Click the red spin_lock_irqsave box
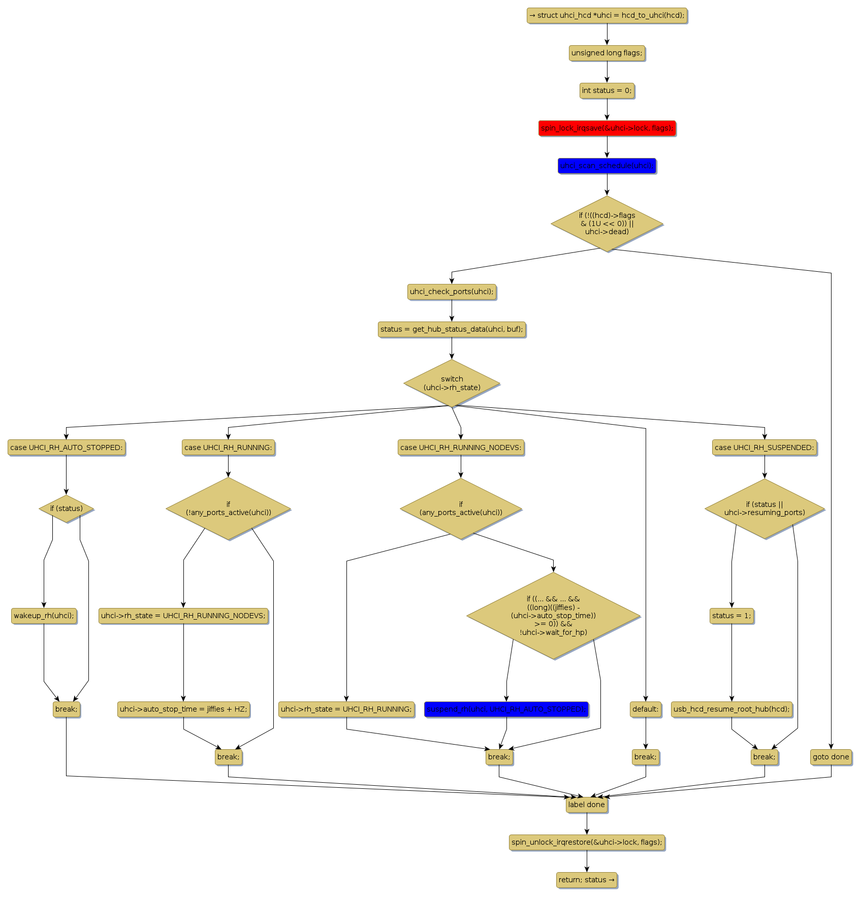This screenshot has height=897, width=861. (607, 128)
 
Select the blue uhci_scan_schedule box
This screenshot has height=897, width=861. (607, 166)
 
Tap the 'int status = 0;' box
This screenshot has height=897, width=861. (607, 90)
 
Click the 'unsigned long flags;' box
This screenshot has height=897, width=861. (607, 53)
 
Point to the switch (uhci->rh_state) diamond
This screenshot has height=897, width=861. (452, 383)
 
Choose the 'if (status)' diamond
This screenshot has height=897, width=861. (66, 508)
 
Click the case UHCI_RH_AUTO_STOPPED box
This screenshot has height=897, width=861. (66, 447)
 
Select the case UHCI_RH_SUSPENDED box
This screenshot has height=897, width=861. (764, 447)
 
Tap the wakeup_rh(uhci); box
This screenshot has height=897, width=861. (44, 616)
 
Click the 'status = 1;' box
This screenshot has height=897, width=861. (731, 616)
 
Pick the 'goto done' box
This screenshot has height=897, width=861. (831, 757)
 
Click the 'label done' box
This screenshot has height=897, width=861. (586, 805)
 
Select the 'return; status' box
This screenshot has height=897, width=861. (586, 880)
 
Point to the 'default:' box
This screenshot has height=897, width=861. (645, 709)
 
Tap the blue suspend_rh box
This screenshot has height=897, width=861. (506, 709)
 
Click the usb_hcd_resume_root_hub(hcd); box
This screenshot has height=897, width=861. (731, 709)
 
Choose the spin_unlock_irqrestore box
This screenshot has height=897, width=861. (586, 842)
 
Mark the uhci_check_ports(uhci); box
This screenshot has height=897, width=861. (452, 292)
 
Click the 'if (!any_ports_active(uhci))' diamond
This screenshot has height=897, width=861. (228, 508)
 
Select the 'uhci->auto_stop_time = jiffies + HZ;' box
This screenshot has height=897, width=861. (183, 709)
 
